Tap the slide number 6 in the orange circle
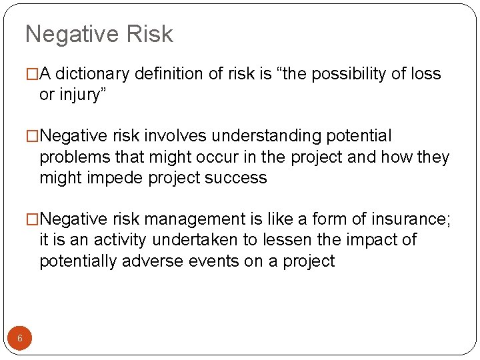20,338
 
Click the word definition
169,74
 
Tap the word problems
72,157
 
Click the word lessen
295,240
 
